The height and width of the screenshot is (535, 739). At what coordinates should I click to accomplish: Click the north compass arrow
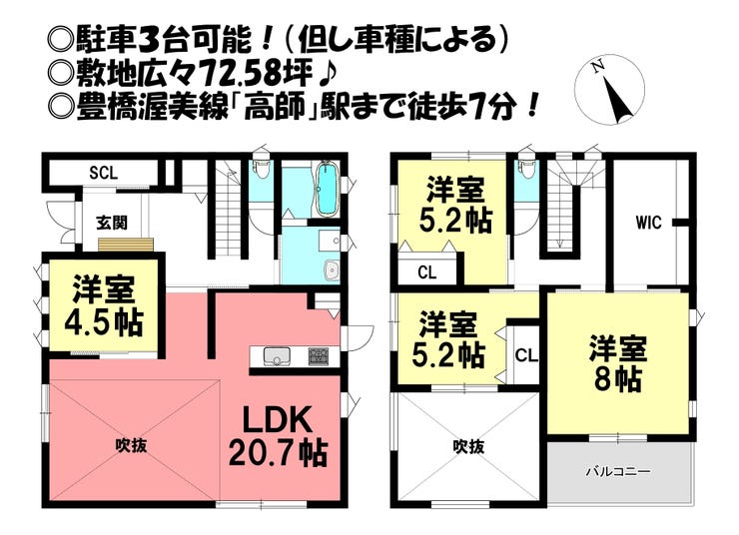point(616,91)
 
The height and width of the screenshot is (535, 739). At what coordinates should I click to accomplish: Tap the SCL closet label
point(103,172)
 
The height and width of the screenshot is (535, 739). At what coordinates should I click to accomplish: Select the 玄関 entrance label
point(111,222)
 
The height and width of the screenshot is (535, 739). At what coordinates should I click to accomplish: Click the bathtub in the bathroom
point(326,193)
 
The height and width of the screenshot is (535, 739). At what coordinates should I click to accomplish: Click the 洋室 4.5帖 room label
point(106,306)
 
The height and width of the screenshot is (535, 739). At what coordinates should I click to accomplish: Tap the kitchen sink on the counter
point(275,356)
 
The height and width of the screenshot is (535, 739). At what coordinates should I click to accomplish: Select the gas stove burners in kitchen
point(319,355)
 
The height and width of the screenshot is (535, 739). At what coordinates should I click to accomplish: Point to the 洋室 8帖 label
point(617,363)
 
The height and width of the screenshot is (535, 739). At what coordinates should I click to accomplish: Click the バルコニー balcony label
point(618,469)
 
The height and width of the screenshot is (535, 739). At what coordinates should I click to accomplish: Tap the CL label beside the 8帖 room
point(526,353)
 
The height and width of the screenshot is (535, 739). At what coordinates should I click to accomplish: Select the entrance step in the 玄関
point(126,245)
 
